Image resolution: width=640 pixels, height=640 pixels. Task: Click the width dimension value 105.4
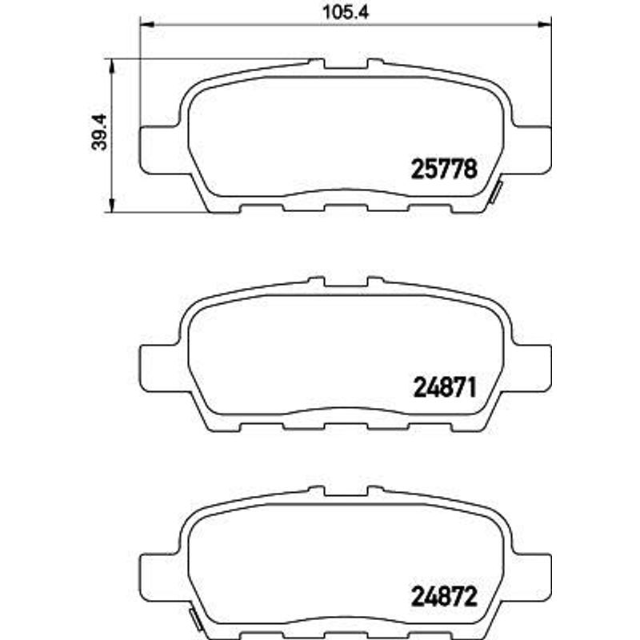coord(346,12)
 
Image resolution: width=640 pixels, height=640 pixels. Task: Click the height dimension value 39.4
coord(99,132)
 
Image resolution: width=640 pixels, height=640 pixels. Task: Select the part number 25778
coord(444,169)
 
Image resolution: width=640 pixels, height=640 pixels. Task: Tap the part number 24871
coord(445,387)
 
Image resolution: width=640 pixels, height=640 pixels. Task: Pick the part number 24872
coord(445,597)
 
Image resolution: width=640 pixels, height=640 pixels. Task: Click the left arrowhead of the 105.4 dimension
coord(147,25)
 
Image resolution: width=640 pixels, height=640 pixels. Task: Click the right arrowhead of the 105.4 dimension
coord(545,25)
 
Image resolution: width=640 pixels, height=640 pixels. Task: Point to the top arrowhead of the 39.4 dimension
coord(111,66)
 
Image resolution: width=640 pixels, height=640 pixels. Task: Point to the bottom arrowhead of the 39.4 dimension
coord(111,206)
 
